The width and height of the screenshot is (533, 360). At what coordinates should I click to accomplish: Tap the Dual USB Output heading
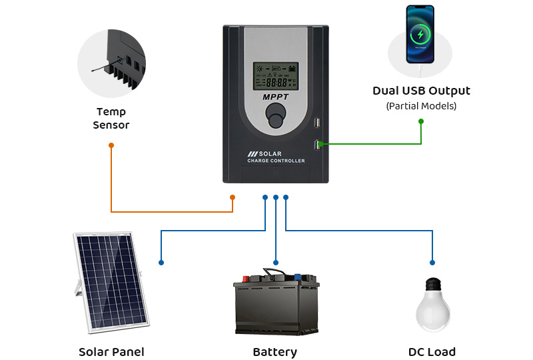[x=421, y=91]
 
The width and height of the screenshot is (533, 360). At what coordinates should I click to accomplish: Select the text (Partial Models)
[x=421, y=106]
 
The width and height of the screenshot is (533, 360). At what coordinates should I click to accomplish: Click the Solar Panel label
[x=111, y=352]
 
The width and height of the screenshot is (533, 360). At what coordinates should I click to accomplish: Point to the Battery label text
[x=274, y=352]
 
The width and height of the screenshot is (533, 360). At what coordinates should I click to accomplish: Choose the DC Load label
[x=432, y=352]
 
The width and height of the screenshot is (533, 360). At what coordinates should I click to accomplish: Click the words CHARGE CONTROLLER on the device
[x=276, y=161]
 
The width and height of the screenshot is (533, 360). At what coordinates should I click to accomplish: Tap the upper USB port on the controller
[x=317, y=124]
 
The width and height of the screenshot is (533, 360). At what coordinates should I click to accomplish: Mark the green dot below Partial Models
[x=421, y=121]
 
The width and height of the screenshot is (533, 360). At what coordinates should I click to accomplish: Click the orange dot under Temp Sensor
[x=111, y=145]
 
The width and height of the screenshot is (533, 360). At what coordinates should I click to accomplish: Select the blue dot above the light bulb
[x=432, y=263]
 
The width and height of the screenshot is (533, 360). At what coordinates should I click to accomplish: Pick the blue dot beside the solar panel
[x=161, y=263]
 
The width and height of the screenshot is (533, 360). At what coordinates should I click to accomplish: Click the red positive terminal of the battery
[x=246, y=275]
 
